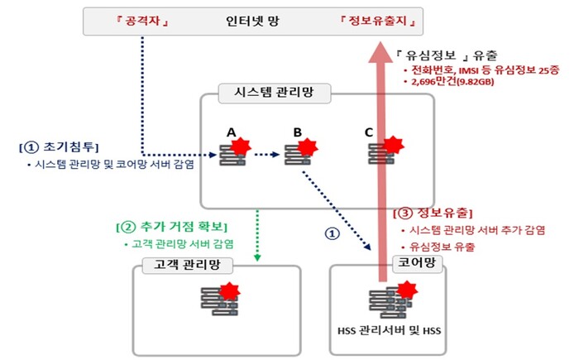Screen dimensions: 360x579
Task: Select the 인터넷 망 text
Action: tap(251, 19)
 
